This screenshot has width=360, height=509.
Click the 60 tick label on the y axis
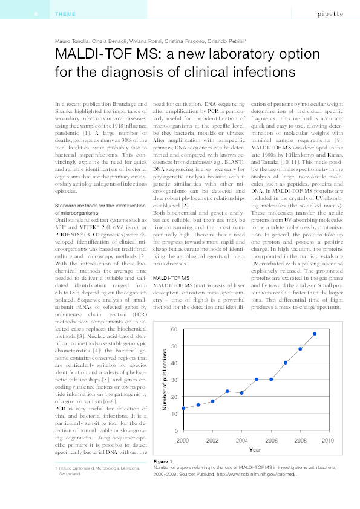pos(174,329)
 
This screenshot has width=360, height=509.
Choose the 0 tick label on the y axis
pos(175,430)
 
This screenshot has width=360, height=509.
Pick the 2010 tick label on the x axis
pos(328,441)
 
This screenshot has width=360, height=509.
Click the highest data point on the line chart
pos(315,334)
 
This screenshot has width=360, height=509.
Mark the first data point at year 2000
pos(183,409)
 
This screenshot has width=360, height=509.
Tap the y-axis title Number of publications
pos(165,380)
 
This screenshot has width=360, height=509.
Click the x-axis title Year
pos(255,450)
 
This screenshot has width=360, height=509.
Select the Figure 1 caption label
pos(163,462)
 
